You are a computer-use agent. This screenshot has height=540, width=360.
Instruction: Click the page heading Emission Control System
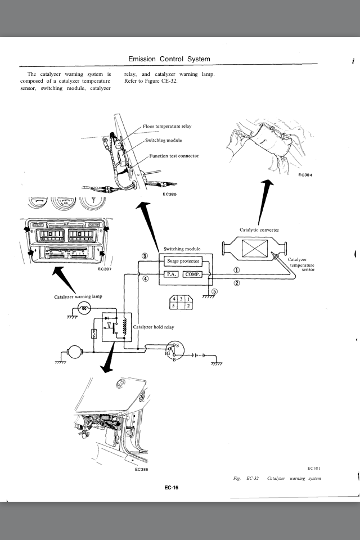(169, 59)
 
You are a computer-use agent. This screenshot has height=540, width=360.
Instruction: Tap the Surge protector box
(183, 262)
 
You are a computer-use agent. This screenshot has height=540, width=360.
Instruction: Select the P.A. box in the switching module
(171, 274)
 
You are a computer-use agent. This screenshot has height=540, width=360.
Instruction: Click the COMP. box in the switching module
(192, 274)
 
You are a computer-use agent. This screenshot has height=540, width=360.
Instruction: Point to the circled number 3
(145, 256)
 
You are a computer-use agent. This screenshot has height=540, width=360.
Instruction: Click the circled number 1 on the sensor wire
(237, 270)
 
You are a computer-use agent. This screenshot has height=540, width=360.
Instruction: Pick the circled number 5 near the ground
(214, 291)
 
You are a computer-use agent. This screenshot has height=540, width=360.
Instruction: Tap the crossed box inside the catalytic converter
(255, 248)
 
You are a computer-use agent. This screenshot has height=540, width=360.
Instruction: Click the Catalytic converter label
(259, 229)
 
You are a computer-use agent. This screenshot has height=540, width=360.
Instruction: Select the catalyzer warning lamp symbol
(84, 308)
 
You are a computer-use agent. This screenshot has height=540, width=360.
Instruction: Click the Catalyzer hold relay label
(154, 327)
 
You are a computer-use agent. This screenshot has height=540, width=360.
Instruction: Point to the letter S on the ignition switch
(177, 345)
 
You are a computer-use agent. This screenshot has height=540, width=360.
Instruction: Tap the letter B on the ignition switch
(174, 360)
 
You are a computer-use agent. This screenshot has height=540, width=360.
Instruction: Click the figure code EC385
(169, 194)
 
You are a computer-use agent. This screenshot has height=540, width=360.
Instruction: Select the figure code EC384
(305, 175)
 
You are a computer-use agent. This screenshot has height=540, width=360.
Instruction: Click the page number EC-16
(171, 488)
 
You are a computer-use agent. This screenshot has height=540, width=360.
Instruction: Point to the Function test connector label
(174, 156)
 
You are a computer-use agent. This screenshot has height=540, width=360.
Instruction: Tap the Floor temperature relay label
(167, 127)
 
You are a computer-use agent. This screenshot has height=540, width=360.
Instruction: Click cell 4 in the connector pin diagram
(174, 299)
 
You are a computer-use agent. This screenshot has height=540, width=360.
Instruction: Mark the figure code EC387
(105, 269)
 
